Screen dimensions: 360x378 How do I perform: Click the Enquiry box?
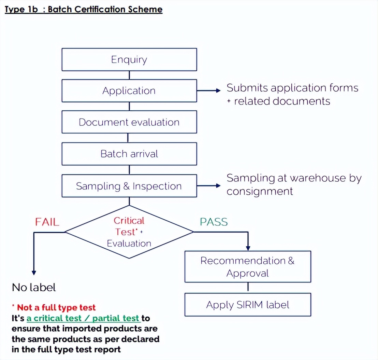pyautogui.click(x=129, y=59)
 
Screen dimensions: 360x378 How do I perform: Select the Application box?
pyautogui.click(x=129, y=91)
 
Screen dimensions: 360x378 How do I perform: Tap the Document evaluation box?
pyautogui.click(x=129, y=122)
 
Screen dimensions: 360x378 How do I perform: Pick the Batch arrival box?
pyautogui.click(x=129, y=154)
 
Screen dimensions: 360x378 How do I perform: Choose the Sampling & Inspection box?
pyautogui.click(x=129, y=186)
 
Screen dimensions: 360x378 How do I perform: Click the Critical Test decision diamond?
pyautogui.click(x=129, y=232)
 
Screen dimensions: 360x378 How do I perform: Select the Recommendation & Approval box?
pyautogui.click(x=248, y=267)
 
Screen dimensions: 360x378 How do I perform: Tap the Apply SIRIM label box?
pyautogui.click(x=248, y=305)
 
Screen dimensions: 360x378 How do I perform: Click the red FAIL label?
pyautogui.click(x=47, y=222)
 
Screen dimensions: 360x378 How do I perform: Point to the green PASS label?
pyautogui.click(x=214, y=222)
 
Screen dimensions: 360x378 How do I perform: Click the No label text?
pyautogui.click(x=34, y=287)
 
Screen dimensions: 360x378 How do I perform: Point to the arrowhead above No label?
pyautogui.click(x=34, y=272)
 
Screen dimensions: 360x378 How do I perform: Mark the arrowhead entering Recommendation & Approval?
pyautogui.click(x=248, y=248)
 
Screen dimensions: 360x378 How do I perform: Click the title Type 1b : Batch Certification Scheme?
pyautogui.click(x=84, y=9)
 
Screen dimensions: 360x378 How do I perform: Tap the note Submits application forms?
pyautogui.click(x=292, y=88)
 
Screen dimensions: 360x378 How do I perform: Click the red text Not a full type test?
pyautogui.click(x=56, y=307)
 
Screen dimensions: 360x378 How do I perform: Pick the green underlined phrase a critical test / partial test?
pyautogui.click(x=83, y=318)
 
